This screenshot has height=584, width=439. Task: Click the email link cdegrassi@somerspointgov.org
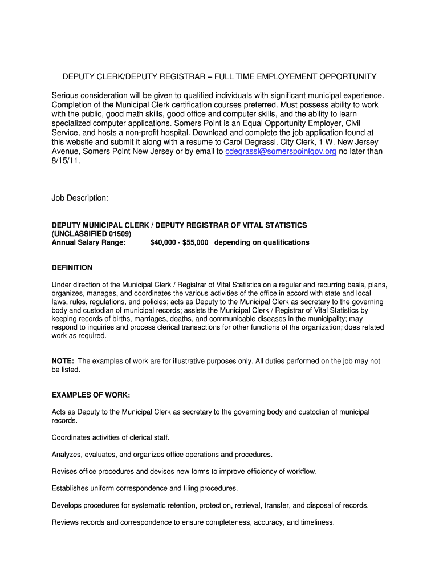point(281,151)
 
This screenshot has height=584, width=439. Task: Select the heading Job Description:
point(80,198)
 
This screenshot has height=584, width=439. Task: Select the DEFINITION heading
point(72,267)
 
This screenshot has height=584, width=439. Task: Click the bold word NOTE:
point(63,361)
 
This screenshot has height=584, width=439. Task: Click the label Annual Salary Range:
point(88,242)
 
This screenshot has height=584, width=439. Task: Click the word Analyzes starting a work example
point(67,455)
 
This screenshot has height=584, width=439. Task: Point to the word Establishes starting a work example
point(71,488)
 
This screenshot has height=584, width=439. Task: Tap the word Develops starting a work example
point(67,505)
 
